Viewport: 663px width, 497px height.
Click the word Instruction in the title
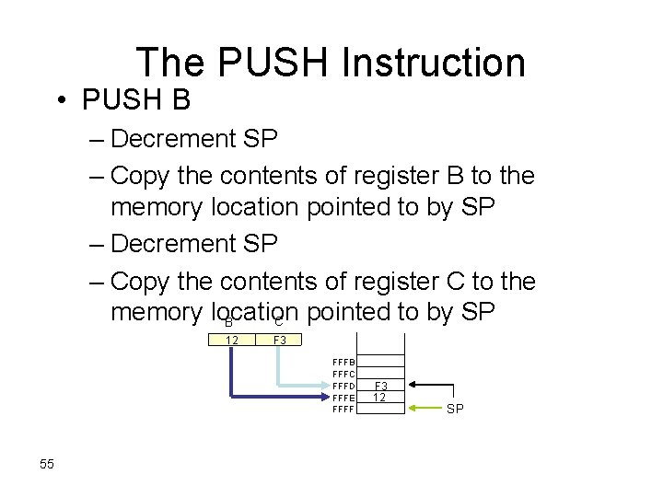pos(433,63)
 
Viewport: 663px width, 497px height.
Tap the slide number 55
pos(47,464)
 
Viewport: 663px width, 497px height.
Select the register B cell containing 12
pos(233,341)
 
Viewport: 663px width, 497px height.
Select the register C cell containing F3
pos(281,341)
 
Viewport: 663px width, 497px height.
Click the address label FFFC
pos(343,374)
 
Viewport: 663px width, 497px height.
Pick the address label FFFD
pos(343,386)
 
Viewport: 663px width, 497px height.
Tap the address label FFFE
pos(343,397)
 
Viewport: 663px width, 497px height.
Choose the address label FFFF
pos(343,409)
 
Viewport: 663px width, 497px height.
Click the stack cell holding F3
pos(379,386)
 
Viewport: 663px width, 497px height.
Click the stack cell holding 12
pos(379,397)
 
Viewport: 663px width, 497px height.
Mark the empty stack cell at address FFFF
pos(379,409)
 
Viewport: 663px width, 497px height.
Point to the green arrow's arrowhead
pos(413,408)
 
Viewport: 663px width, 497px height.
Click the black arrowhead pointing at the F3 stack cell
pos(412,385)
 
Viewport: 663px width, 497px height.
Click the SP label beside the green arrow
pos(455,409)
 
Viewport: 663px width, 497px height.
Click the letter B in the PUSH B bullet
pos(180,97)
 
